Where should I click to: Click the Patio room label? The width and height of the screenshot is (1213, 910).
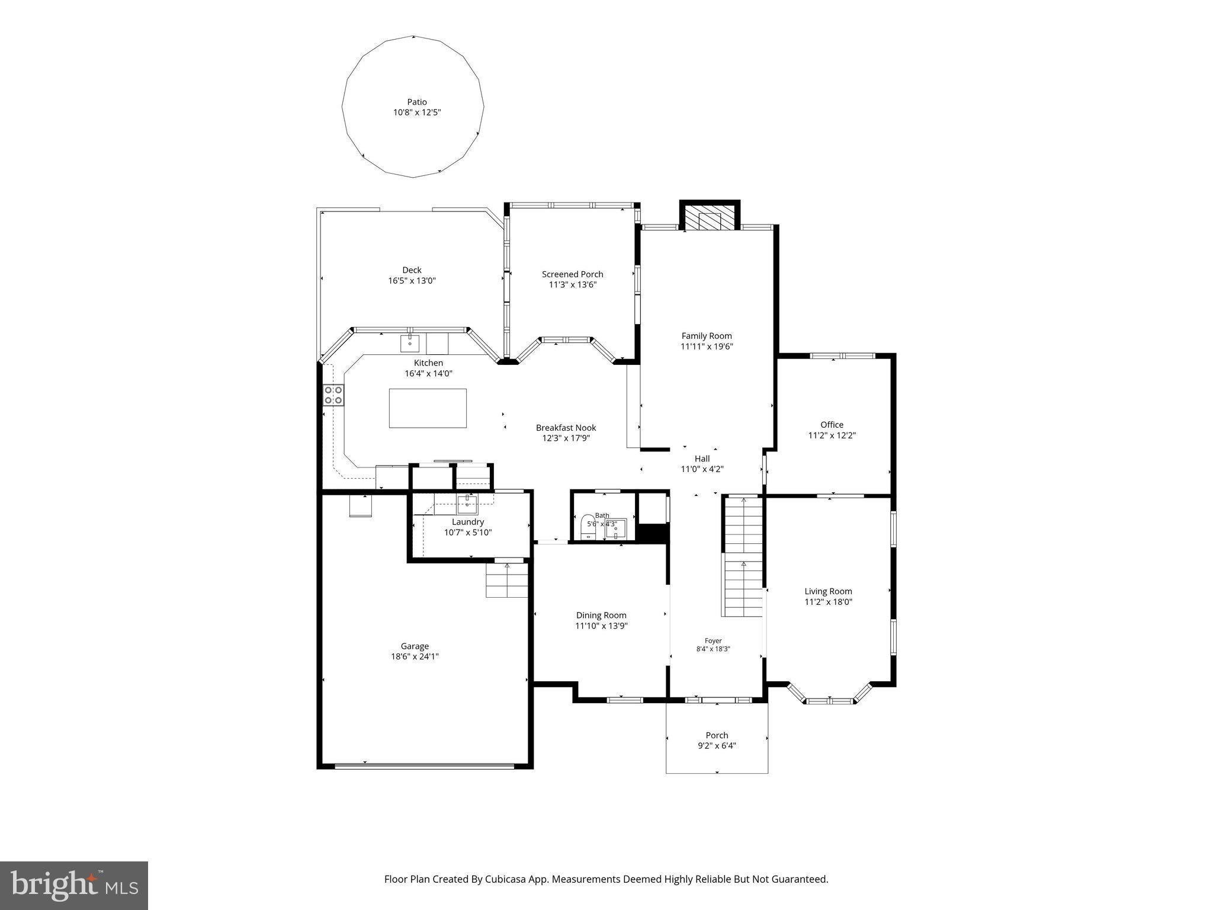click(x=417, y=102)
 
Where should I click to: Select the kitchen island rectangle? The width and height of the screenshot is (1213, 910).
click(x=428, y=408)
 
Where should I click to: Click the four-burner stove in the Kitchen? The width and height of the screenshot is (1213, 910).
click(x=333, y=395)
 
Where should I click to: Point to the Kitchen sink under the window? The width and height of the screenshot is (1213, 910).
click(x=410, y=343)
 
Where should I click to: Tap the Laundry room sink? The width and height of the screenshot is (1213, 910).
click(x=467, y=504)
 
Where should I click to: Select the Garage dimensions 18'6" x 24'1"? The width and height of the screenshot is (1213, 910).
click(x=414, y=656)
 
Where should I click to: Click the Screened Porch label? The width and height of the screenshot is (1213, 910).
click(x=572, y=274)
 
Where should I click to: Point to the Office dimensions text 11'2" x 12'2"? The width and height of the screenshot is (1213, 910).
click(x=832, y=435)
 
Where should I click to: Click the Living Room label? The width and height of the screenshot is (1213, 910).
click(x=828, y=591)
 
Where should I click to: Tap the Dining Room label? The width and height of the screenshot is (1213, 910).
click(x=601, y=615)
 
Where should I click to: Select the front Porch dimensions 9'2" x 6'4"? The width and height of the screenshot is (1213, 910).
click(x=717, y=746)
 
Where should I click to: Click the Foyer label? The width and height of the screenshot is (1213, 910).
click(x=713, y=640)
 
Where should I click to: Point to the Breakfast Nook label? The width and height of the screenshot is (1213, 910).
click(x=566, y=427)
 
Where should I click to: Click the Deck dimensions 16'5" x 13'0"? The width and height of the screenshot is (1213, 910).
click(x=412, y=281)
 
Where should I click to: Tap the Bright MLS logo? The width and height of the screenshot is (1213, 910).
click(x=74, y=885)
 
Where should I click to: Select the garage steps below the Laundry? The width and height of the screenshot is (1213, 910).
click(x=507, y=580)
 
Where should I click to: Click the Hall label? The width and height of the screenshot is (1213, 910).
click(x=702, y=458)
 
